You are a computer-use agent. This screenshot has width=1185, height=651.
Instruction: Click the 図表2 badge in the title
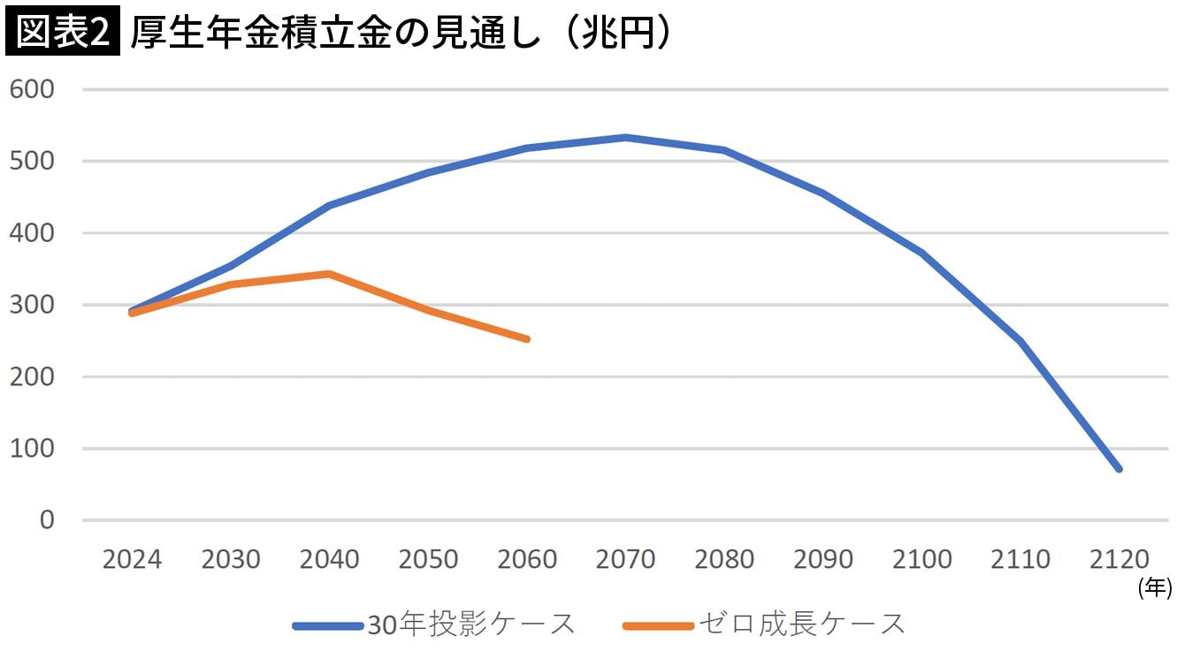pyautogui.click(x=62, y=33)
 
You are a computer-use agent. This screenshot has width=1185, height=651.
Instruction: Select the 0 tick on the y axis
pyautogui.click(x=47, y=520)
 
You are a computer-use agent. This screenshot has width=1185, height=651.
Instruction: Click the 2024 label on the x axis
pyautogui.click(x=132, y=560)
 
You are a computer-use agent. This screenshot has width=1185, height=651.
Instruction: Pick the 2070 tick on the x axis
pyautogui.click(x=625, y=560)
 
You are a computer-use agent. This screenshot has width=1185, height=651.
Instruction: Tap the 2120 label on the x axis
pyautogui.click(x=1119, y=560)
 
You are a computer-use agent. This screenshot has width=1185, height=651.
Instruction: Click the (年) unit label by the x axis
pyautogui.click(x=1155, y=587)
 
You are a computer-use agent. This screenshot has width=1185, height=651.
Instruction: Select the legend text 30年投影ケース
pyautogui.click(x=471, y=625)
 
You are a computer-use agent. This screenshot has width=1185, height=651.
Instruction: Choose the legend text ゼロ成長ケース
pyautogui.click(x=802, y=625)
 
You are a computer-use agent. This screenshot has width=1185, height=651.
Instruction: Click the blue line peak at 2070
pyautogui.click(x=625, y=138)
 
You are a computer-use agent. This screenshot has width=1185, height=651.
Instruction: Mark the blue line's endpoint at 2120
pyautogui.click(x=1119, y=469)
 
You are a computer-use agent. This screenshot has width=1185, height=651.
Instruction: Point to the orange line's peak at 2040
pyautogui.click(x=329, y=274)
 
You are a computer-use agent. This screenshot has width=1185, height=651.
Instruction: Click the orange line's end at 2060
pyautogui.click(x=527, y=339)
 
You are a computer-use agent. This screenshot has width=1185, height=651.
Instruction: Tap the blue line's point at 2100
pyautogui.click(x=921, y=253)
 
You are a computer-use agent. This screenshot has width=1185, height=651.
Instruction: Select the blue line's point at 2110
pyautogui.click(x=1021, y=341)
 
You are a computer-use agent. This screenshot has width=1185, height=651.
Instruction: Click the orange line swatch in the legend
pyautogui.click(x=657, y=625)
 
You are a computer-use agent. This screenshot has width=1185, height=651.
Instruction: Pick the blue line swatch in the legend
pyautogui.click(x=327, y=625)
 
